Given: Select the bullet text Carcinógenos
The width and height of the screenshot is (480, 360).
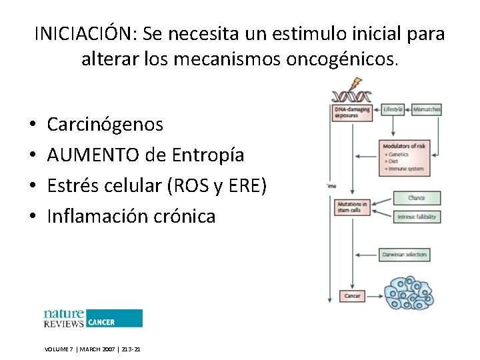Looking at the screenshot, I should pos(105,124).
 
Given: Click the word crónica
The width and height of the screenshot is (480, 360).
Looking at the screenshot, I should pos(185,216).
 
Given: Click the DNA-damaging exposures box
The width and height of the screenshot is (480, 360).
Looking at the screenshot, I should pos(351,112).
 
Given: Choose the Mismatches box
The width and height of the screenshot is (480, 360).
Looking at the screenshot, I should pos(427,109).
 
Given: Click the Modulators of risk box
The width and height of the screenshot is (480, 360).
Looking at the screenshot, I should pos(405,158).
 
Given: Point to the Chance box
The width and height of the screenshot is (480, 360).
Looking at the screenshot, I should pos(417,198).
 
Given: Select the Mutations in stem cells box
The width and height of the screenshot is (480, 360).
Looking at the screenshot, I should pos(351,207).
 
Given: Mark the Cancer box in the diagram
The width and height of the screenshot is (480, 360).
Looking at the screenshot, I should pos(352,296).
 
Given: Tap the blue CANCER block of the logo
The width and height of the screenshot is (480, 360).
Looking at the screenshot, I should pos(114,318).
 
